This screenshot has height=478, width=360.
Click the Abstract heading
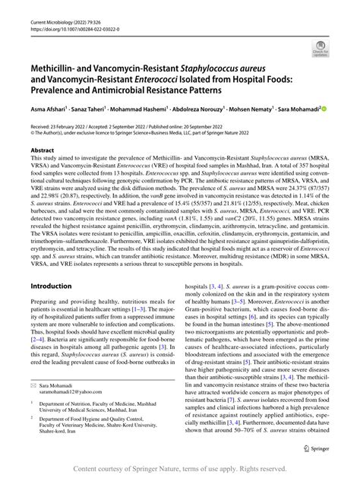click(42, 151)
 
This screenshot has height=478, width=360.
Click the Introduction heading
click(50, 264)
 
